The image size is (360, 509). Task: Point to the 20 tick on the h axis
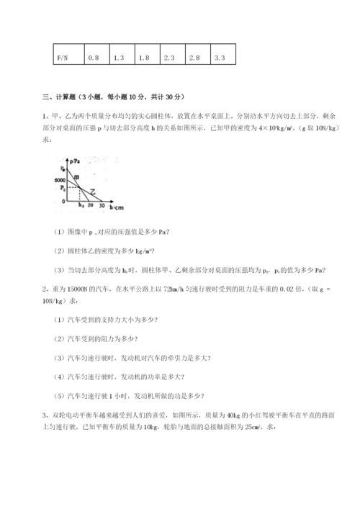(x=91, y=206)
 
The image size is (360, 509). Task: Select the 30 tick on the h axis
(x=101, y=206)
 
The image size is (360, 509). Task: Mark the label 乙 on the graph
(x=93, y=192)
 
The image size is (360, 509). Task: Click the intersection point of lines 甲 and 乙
(x=80, y=187)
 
